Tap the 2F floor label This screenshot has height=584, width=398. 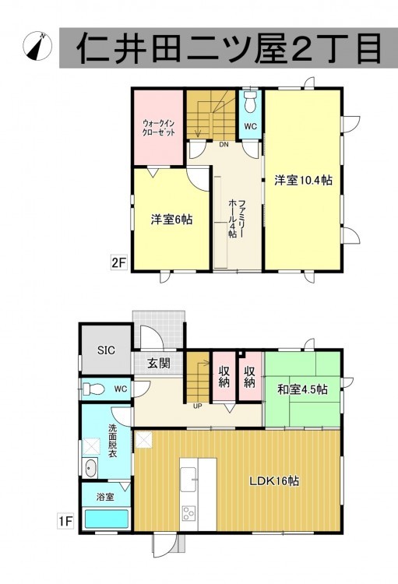tap(119, 263)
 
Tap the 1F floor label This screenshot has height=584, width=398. tap(65, 521)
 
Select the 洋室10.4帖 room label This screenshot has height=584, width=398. tap(303, 181)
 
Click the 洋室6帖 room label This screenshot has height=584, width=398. tap(171, 220)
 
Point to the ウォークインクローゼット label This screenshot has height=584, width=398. tap(159, 128)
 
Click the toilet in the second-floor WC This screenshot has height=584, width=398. tap(250, 102)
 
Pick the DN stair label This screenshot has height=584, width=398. tap(224, 145)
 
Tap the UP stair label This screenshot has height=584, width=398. tap(198, 406)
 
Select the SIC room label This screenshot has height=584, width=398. tap(106, 350)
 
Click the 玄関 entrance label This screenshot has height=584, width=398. tap(159, 363)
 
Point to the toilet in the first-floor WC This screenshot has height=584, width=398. tap(93, 389)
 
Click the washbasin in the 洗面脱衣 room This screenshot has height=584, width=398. tap(90, 469)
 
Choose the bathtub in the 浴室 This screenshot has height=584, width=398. tap(107, 519)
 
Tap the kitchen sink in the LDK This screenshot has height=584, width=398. tap(188, 480)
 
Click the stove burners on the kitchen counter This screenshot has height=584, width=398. tap(188, 513)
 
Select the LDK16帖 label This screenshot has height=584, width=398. tap(274, 481)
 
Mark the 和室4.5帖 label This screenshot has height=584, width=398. tap(303, 389)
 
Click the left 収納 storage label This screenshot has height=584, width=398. tap(224, 377)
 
